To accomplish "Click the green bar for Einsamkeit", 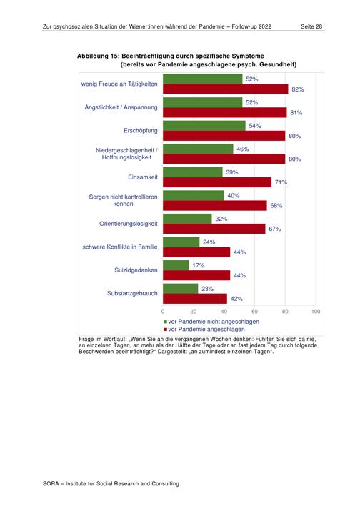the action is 193,172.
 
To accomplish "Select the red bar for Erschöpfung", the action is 224,136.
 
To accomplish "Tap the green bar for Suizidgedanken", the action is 176,265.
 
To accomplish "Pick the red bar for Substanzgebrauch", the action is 195,299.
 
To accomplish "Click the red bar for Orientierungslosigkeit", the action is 214,229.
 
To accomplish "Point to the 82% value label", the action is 298,89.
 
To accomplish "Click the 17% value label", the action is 199,265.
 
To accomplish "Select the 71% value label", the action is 281,182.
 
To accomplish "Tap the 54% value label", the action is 255,126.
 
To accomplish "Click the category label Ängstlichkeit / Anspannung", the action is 121,107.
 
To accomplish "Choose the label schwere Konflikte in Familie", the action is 120,247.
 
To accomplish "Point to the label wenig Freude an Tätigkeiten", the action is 119,84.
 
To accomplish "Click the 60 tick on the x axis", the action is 254,312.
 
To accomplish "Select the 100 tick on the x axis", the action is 316,312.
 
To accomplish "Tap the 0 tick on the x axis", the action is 163,312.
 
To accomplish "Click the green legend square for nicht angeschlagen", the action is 166,322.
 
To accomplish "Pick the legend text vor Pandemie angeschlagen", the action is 206,329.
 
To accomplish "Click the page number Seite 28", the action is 311,26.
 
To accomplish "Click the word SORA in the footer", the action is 51,483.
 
